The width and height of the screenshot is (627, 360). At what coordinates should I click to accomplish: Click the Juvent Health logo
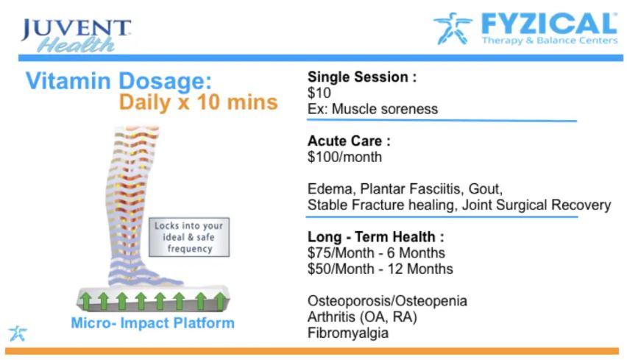tap(76, 35)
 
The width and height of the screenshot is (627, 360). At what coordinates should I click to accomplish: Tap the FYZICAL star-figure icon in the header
tap(453, 28)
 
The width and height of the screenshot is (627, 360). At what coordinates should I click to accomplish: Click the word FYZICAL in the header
tap(550, 24)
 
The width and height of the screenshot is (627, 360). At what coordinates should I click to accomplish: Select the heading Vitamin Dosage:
tap(118, 81)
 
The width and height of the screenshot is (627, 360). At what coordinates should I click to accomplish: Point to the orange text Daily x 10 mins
tap(199, 102)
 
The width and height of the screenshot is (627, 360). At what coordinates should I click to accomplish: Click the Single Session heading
tap(362, 77)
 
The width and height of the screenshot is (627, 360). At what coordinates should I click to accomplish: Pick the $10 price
tap(319, 93)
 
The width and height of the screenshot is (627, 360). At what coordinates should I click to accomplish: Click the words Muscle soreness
tap(385, 109)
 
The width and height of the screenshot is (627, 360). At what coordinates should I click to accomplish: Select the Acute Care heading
tap(349, 141)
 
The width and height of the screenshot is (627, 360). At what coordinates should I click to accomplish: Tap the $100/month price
tap(344, 157)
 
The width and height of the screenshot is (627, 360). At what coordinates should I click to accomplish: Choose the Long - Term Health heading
tap(375, 237)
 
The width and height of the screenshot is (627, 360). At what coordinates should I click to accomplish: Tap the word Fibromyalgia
tap(348, 333)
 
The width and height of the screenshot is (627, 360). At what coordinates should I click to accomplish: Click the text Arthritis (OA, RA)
tap(362, 317)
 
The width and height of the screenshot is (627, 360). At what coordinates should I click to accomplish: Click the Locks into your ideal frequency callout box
tap(189, 237)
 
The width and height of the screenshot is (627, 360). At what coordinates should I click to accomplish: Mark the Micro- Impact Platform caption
tap(153, 322)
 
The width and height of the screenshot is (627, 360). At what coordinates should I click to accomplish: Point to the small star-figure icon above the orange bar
tap(18, 333)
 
